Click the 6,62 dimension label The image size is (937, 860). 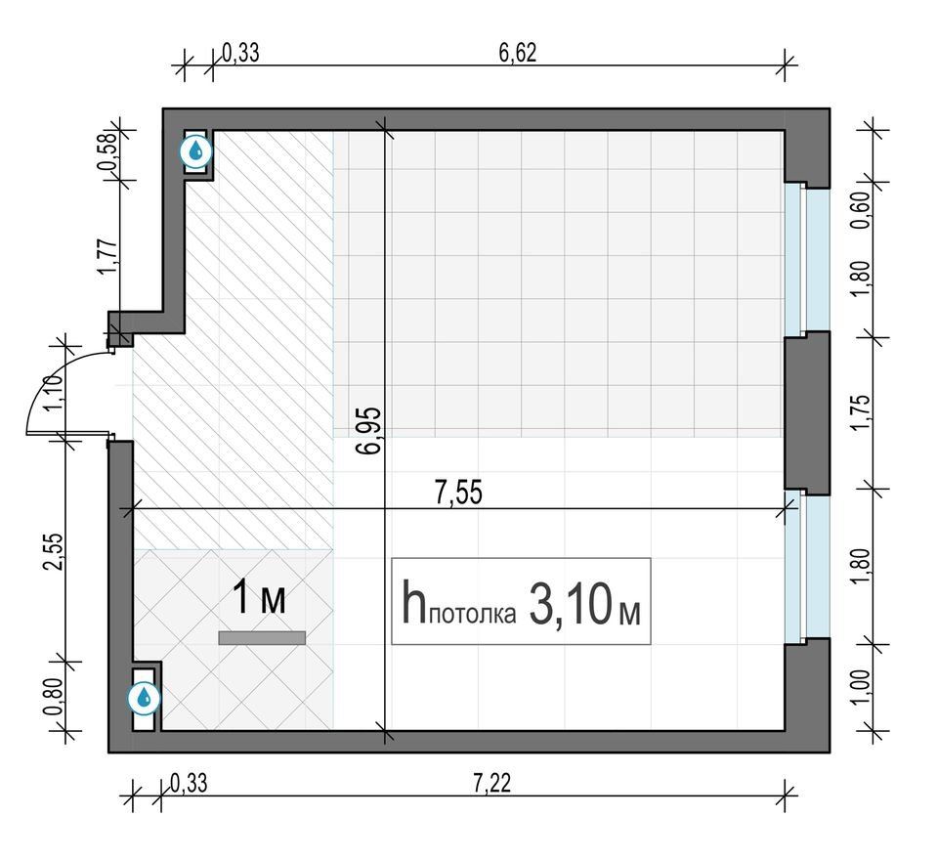(x=518, y=53)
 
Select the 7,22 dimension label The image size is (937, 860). (x=492, y=783)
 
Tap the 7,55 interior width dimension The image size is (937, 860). (x=459, y=494)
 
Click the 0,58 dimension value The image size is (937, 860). (x=108, y=150)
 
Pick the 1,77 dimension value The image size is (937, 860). (x=106, y=258)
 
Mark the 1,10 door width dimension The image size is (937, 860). (x=53, y=392)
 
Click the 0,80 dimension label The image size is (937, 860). (x=53, y=697)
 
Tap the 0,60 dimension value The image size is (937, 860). (x=863, y=210)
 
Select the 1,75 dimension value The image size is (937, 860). (x=862, y=412)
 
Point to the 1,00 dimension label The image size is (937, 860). (x=861, y=687)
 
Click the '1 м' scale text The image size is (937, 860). (x=259, y=597)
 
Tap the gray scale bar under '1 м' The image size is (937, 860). (x=262, y=638)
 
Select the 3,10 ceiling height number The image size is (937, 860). (x=572, y=604)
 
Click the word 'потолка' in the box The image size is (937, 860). (x=472, y=615)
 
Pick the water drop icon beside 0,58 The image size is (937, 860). (x=196, y=151)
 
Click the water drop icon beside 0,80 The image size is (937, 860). (x=145, y=698)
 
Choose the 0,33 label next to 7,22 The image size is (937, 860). (x=189, y=783)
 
